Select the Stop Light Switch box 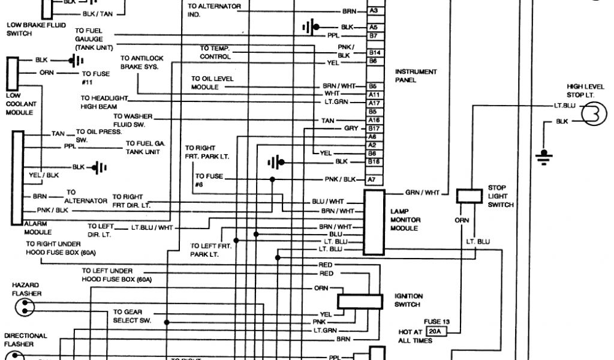coord(470,196)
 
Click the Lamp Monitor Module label coord(406,220)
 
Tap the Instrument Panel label coord(416,76)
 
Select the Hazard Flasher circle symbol coord(24,308)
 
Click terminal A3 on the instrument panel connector coord(373,11)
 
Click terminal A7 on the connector coord(372,179)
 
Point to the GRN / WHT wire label coord(423,193)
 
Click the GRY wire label coord(351,128)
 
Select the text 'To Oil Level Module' coord(212,83)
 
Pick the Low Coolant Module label coord(21,104)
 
